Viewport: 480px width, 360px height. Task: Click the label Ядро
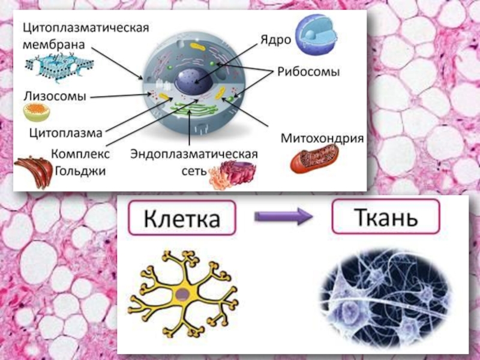(275, 40)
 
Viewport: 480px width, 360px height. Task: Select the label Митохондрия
(323, 138)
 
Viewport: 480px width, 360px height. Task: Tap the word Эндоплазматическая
(194, 154)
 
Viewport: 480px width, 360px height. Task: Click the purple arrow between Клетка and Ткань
(284, 218)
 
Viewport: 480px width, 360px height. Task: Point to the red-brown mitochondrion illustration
(314, 159)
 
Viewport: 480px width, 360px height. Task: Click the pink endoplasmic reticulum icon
(230, 175)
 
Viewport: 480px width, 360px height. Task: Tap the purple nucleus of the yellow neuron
(182, 293)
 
